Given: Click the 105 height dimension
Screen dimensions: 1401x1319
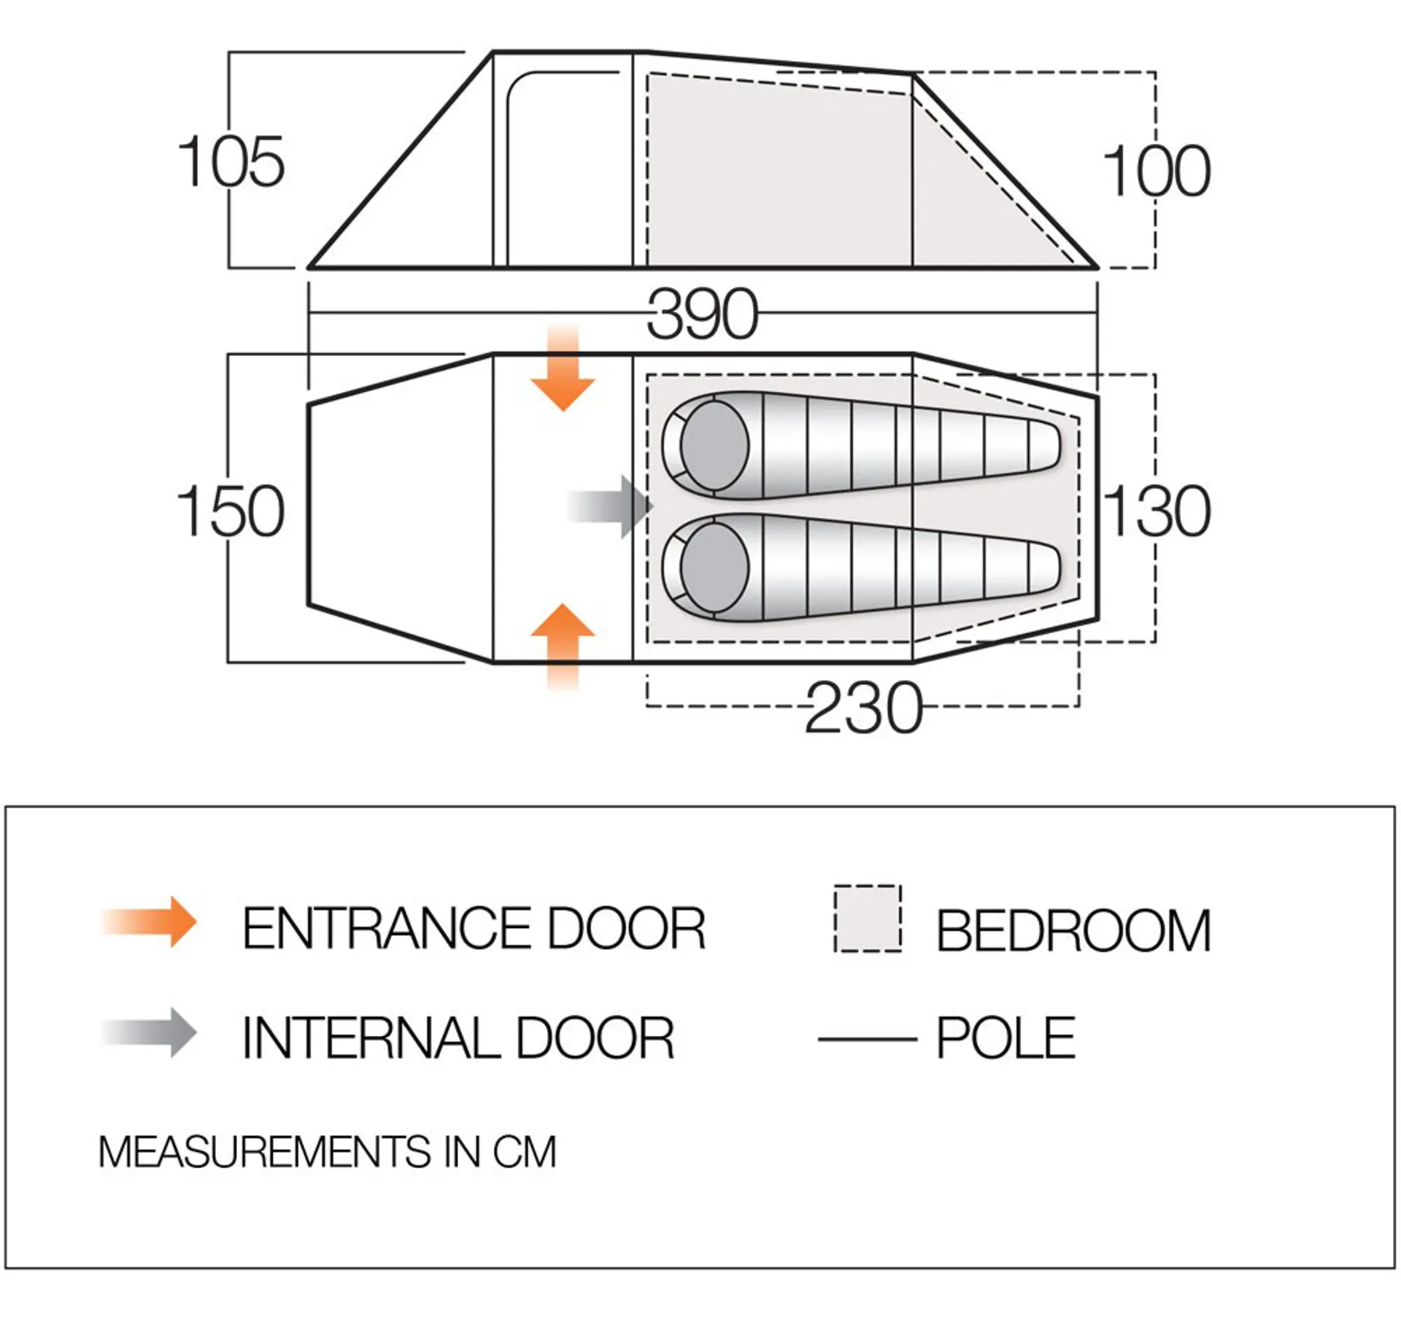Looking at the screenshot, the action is (x=231, y=162).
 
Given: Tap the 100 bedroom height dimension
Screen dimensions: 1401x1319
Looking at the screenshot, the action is (x=1157, y=171).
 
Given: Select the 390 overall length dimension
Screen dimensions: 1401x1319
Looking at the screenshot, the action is (x=702, y=314).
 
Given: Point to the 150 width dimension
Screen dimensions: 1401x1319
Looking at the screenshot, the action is (x=231, y=511).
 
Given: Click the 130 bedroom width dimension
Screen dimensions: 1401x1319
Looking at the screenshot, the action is (x=1157, y=511).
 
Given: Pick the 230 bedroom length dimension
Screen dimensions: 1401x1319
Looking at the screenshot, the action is (x=864, y=708).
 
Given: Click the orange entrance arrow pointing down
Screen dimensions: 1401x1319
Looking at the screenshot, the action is (x=563, y=368).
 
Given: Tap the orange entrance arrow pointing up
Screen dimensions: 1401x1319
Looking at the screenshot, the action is (x=563, y=647).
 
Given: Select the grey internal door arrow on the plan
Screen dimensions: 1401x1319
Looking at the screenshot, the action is (x=611, y=506).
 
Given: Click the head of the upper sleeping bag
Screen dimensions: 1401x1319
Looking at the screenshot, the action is (x=714, y=445).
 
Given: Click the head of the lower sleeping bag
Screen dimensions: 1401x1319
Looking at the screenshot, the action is (x=714, y=568).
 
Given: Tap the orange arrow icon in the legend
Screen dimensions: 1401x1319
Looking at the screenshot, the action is (x=150, y=921).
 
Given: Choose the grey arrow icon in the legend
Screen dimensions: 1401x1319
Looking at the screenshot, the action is (x=150, y=1032).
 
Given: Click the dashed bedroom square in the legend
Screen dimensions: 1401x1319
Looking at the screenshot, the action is (x=868, y=918).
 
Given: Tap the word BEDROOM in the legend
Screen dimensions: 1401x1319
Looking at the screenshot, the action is (x=1073, y=931).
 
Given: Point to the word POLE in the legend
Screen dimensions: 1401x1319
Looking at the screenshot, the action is (x=1006, y=1038).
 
